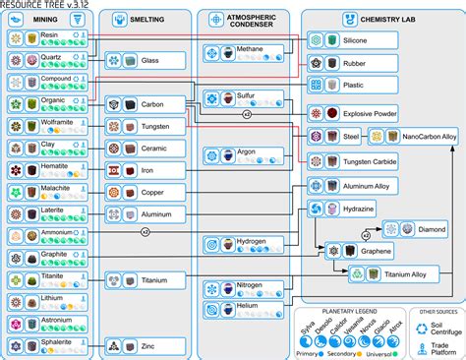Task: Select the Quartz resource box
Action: click(x=49, y=57)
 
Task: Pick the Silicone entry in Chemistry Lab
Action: click(x=356, y=40)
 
